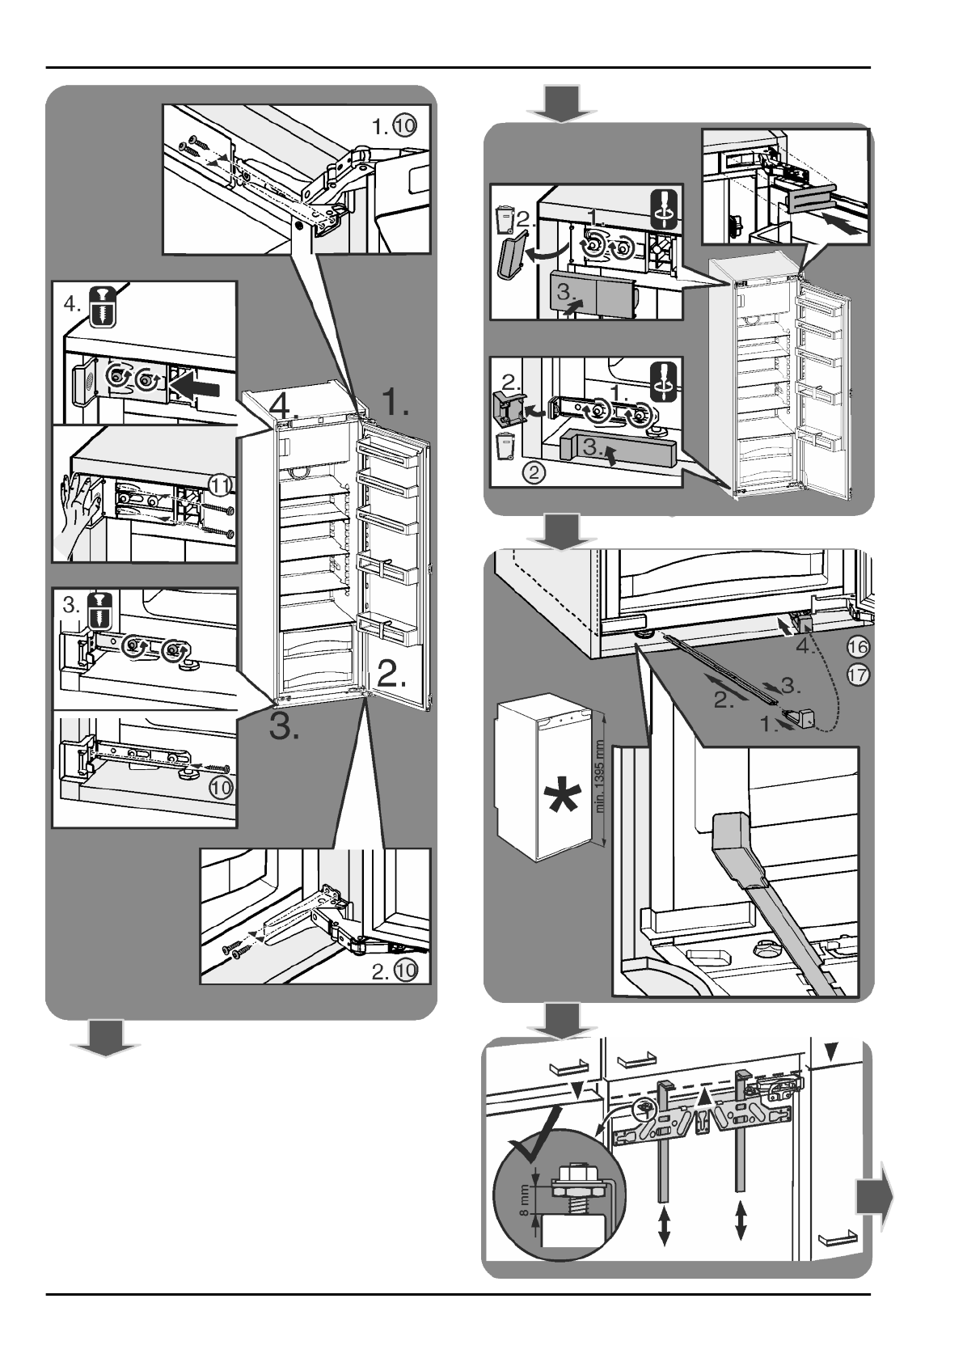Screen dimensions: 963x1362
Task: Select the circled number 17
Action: (857, 675)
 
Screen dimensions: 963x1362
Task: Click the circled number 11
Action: (222, 485)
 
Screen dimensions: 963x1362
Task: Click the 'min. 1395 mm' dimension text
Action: (602, 776)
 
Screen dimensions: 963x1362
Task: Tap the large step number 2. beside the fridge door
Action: (391, 673)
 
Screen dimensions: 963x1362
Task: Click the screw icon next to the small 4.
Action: (102, 307)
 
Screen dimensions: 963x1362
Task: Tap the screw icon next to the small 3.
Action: (100, 611)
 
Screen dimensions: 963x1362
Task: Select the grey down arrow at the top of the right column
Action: (561, 104)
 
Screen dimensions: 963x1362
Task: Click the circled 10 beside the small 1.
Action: (404, 126)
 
